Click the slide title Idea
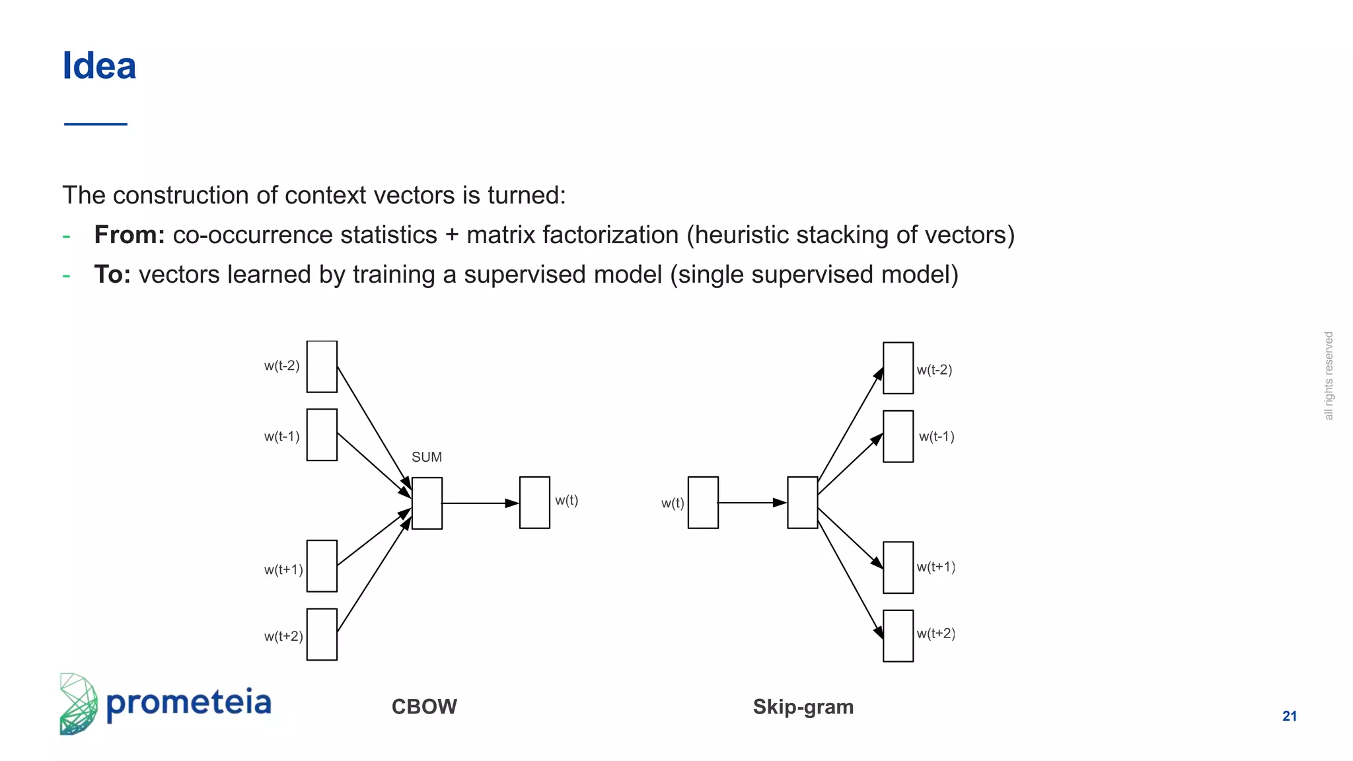99,66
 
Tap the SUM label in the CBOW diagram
426,457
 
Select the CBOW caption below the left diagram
424,707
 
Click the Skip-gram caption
803,707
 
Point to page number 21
1289,716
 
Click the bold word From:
129,235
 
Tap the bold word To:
112,275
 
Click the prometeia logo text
188,703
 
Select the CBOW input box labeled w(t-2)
322,367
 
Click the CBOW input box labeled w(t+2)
322,634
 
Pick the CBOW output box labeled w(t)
534,503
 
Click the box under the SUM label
427,503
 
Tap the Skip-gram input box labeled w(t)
703,503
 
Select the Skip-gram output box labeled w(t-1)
898,436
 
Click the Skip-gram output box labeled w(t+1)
898,567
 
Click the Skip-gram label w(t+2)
935,634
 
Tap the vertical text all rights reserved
1329,376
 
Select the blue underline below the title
96,124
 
